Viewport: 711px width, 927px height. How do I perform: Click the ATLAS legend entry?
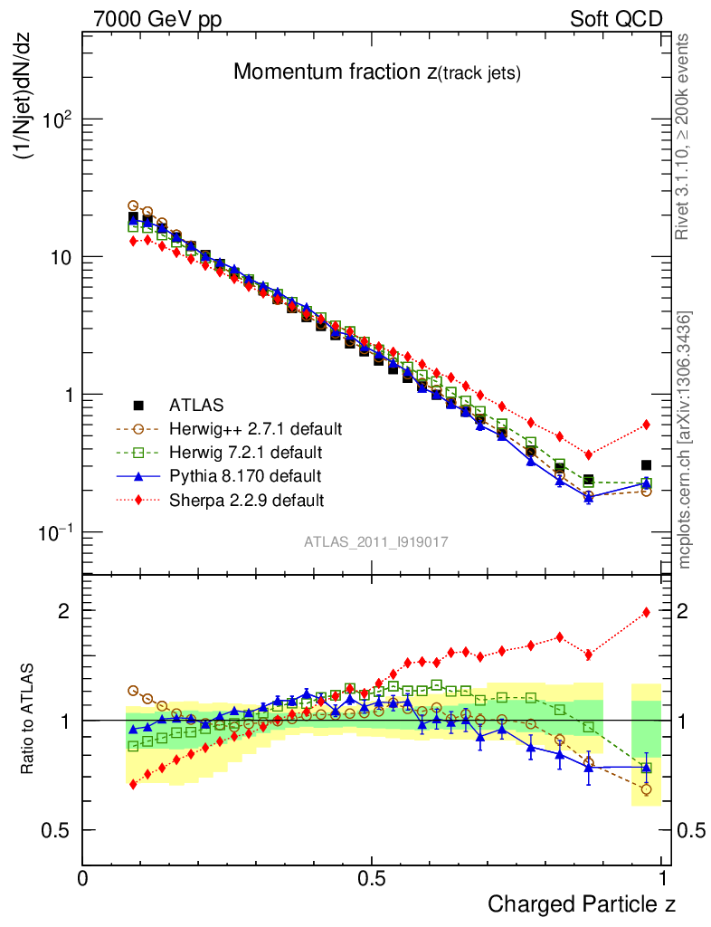(196, 405)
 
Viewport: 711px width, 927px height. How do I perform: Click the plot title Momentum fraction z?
(376, 73)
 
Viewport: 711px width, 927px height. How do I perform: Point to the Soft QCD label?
(616, 18)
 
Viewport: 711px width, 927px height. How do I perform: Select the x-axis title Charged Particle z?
(582, 903)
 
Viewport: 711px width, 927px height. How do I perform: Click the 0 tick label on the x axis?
(83, 878)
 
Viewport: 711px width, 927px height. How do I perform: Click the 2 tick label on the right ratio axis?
(683, 611)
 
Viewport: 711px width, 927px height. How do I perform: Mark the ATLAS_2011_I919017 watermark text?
(376, 541)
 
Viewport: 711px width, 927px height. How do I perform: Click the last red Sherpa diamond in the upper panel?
(646, 425)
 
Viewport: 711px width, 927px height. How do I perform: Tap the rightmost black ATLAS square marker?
(646, 465)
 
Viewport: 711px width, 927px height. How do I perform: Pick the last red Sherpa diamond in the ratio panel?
(646, 613)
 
